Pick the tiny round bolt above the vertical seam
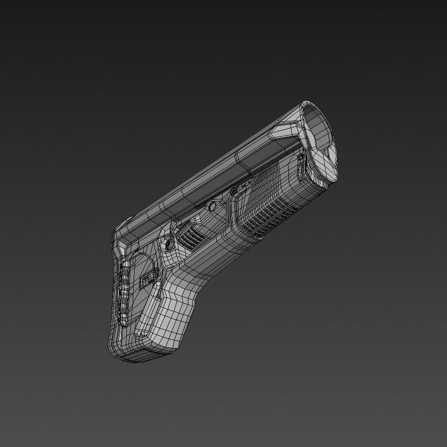coord(234,191)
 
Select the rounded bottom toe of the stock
coord(124,352)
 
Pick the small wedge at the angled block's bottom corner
coord(142,334)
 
